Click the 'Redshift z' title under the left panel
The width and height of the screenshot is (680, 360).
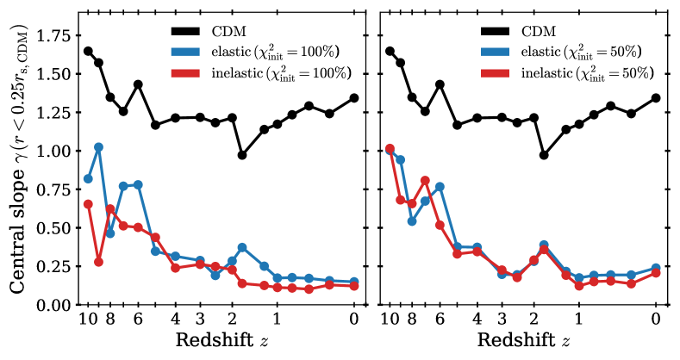coord(219,339)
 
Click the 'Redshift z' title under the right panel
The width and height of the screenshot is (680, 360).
coord(521,339)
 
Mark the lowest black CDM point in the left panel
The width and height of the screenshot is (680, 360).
coord(242,155)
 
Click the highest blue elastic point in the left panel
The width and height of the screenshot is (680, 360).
coord(98,147)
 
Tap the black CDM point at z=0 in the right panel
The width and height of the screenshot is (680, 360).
coord(656,98)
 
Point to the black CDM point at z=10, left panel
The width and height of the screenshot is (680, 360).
coord(88,51)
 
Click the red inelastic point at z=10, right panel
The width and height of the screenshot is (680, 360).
coord(390,149)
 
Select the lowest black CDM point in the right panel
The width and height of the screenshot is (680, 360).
coord(544,155)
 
